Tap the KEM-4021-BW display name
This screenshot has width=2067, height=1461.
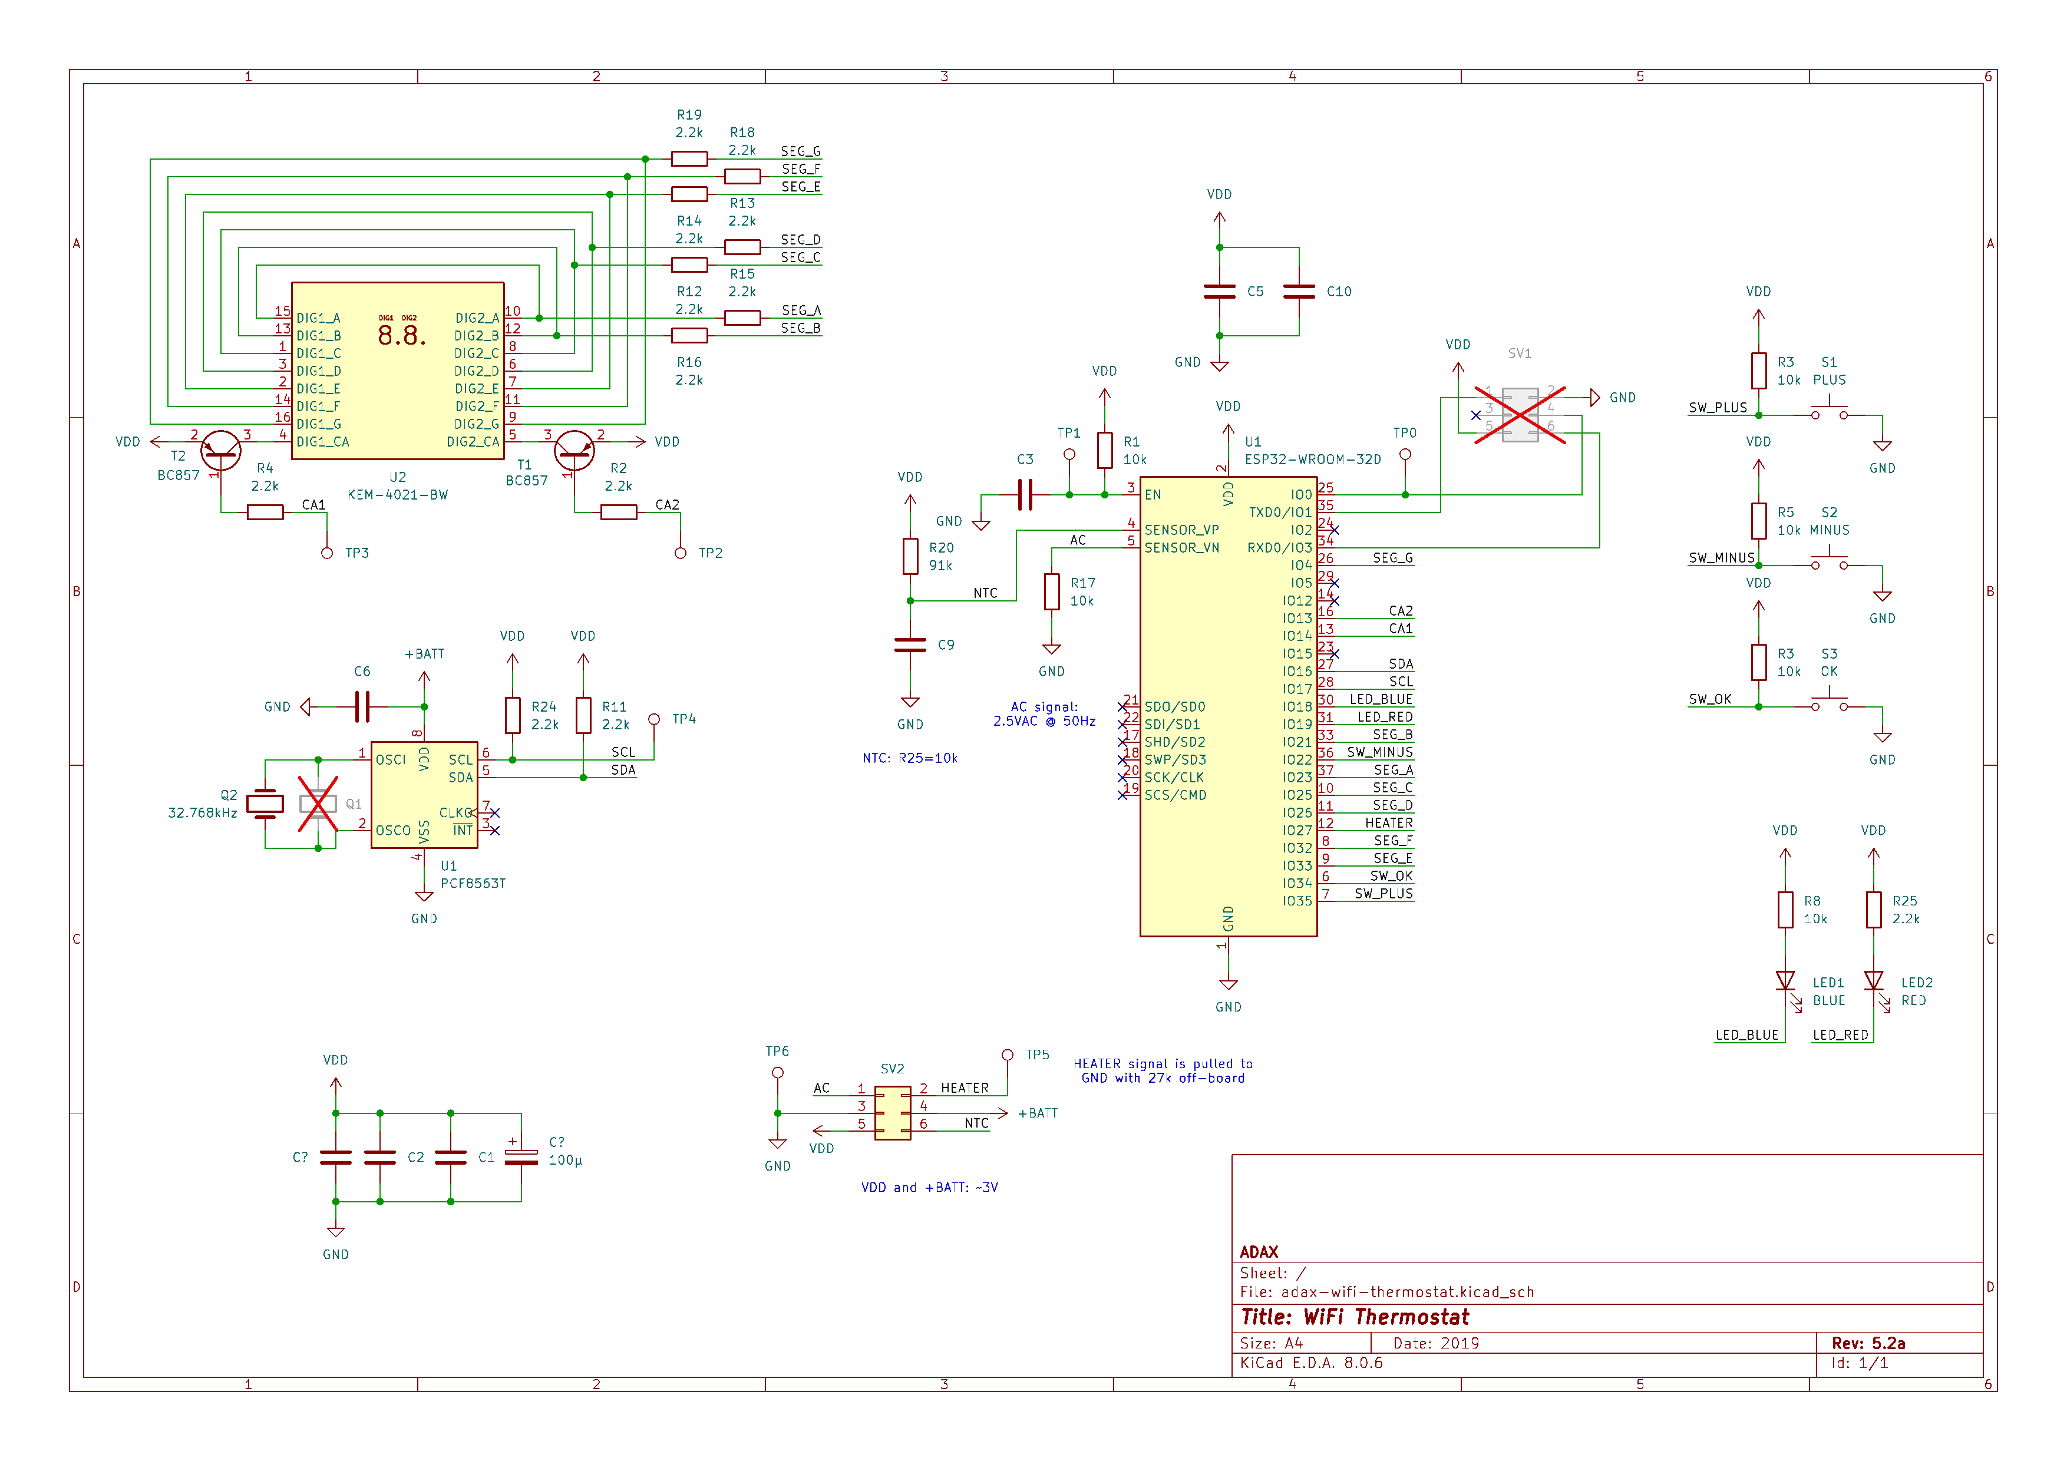point(397,495)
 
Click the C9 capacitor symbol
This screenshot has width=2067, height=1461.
point(910,644)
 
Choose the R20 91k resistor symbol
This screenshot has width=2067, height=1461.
point(910,556)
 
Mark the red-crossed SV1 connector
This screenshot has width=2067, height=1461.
point(1520,415)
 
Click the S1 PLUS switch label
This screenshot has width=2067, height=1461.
point(1828,371)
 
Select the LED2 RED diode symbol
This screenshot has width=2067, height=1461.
point(1874,980)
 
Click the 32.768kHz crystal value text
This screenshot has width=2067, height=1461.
point(203,813)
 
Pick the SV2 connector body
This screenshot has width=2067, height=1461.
point(892,1113)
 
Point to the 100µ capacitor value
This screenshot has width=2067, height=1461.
point(566,1161)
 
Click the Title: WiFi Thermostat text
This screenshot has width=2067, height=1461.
point(1354,1317)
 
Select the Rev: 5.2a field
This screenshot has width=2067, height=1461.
point(1868,1343)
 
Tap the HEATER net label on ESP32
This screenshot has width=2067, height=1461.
point(1388,823)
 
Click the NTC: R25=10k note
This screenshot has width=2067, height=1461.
point(909,758)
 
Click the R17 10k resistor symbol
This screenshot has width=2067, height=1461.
point(1052,591)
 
